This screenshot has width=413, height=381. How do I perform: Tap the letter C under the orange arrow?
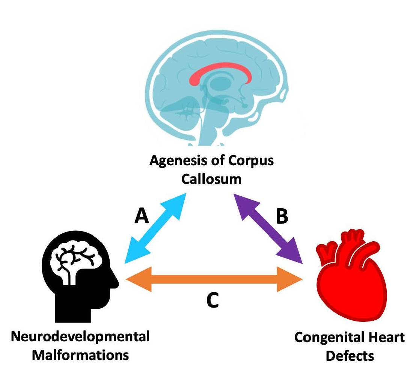[213, 300]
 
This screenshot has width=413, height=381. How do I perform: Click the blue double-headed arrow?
[156, 226]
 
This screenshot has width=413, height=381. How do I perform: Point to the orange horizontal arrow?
[214, 279]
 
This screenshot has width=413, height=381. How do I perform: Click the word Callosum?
[211, 179]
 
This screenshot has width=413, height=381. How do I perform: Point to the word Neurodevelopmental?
[80, 336]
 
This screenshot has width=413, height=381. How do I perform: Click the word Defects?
[350, 356]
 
